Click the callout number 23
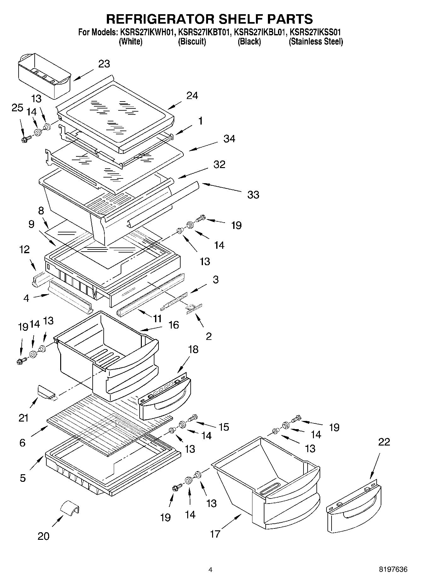tap(104, 64)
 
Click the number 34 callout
tap(229, 139)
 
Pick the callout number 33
tap(253, 195)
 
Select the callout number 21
tap(24, 418)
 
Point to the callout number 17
tap(215, 534)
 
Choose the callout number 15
tap(223, 427)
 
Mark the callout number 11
tap(157, 318)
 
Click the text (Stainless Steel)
tap(316, 42)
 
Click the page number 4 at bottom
tap(211, 569)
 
